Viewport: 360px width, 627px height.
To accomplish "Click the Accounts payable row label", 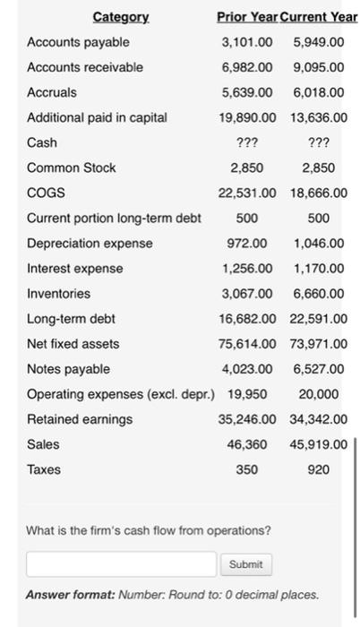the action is (79, 42).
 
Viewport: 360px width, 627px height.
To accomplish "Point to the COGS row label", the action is (45, 193).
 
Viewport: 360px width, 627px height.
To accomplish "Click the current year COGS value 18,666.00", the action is (320, 193).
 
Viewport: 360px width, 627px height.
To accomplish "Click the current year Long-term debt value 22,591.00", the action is (320, 318).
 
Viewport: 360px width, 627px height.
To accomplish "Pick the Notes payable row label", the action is (69, 368).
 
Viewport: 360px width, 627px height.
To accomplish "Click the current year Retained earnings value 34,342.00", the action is (320, 418).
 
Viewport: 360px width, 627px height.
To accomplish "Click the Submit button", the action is (245, 564).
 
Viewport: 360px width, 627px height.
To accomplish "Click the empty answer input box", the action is (122, 564).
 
